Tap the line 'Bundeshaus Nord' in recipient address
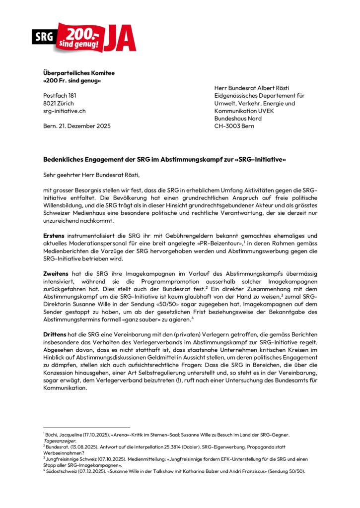(x=238, y=119)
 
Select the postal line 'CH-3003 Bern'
(x=234, y=127)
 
